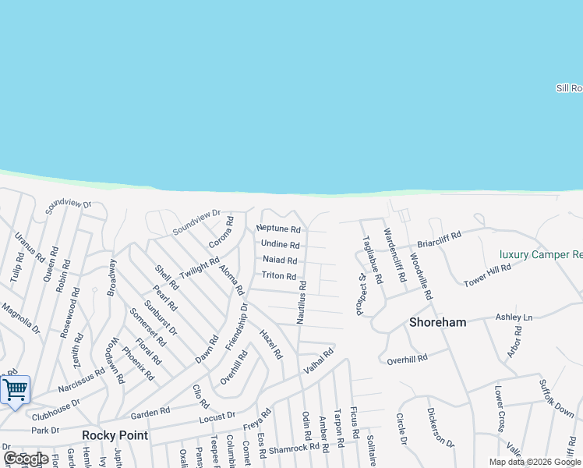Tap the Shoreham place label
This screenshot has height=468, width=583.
[438, 322]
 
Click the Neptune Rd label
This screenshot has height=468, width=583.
[278, 229]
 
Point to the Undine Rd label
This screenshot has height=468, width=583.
[280, 245]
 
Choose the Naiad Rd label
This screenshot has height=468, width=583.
[280, 260]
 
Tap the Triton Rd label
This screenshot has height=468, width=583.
[279, 276]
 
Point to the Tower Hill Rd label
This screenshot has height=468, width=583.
[487, 275]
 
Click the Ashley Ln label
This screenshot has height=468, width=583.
[514, 317]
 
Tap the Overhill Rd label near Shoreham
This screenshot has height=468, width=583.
[407, 359]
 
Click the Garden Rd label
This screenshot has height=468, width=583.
[150, 413]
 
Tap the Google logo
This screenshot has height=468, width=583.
[26, 459]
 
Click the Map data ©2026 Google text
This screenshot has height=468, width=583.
[535, 462]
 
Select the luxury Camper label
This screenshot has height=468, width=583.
[541, 254]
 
